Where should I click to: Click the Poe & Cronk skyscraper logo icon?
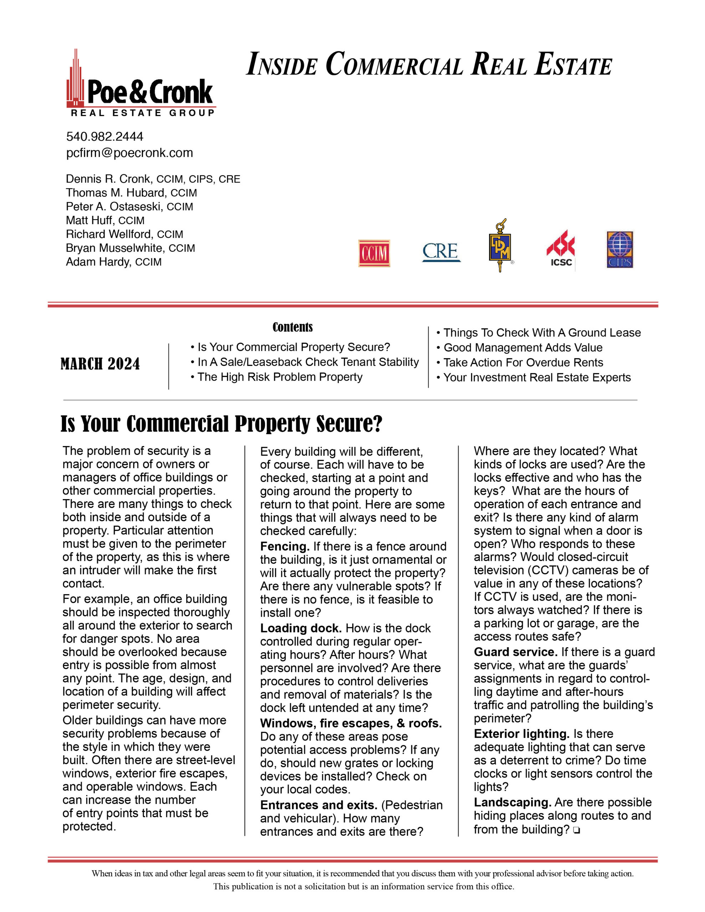76,79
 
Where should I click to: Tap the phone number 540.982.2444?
104,136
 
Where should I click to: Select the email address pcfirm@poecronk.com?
129,153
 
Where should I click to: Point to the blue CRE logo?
441,252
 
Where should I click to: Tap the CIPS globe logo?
620,250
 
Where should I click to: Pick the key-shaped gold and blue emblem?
500,246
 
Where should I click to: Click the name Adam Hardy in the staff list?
98,262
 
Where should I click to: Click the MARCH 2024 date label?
100,364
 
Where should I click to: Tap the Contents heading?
293,327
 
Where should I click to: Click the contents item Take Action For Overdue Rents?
523,362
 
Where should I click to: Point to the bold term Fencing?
284,546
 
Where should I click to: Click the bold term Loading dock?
301,628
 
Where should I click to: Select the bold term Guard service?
515,652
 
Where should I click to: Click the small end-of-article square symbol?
577,830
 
